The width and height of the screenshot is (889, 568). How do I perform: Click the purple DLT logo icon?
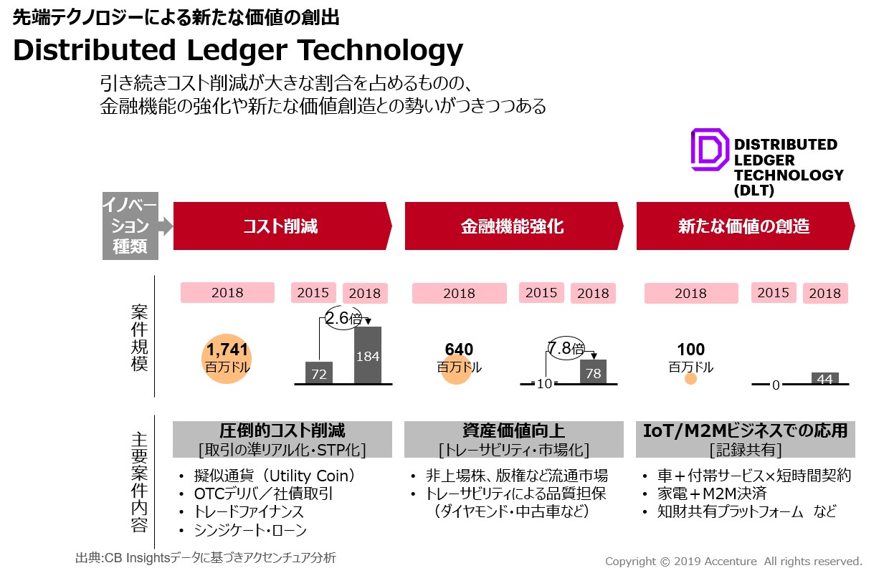(709, 150)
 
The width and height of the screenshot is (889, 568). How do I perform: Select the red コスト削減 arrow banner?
(280, 226)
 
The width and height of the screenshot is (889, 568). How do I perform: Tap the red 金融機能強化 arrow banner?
(512, 226)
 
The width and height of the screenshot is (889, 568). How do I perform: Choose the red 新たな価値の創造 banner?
(743, 226)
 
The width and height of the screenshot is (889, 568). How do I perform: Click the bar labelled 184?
(368, 355)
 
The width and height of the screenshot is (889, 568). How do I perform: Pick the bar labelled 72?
(319, 372)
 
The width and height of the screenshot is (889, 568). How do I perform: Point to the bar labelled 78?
(593, 372)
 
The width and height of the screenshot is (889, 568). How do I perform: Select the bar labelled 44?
(824, 379)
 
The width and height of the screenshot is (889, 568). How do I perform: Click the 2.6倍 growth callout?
(343, 318)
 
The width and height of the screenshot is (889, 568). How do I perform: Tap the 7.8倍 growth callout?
(566, 349)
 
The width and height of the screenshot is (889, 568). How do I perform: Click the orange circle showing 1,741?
(227, 357)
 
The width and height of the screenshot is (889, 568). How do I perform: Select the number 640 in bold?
(459, 350)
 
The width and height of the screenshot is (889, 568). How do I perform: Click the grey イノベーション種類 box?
(130, 226)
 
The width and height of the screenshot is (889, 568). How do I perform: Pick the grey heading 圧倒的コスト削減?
(282, 431)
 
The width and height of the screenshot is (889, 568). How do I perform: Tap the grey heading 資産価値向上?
(513, 431)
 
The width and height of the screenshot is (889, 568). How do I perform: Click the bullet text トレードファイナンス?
(249, 512)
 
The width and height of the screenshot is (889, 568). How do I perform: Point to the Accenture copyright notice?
(733, 561)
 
